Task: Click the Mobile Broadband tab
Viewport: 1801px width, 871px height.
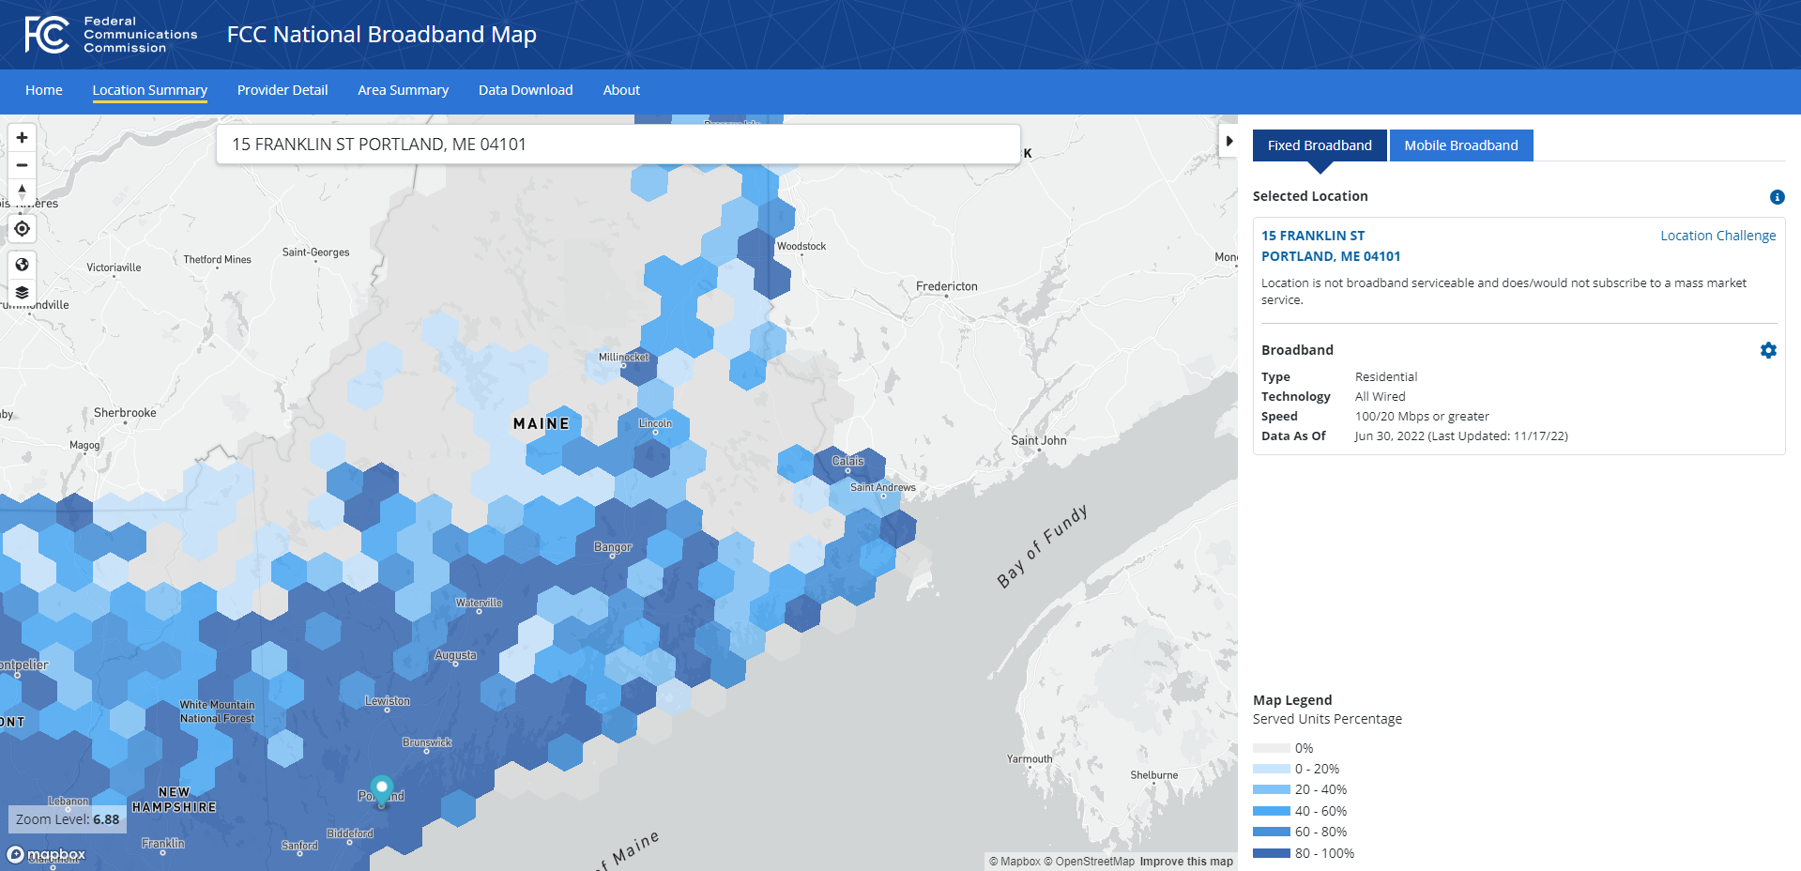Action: (1460, 145)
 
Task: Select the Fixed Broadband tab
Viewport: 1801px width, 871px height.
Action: (1319, 145)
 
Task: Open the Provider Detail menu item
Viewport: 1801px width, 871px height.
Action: (282, 90)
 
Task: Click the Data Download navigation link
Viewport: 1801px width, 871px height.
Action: (526, 90)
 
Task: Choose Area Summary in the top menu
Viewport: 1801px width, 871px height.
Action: (403, 90)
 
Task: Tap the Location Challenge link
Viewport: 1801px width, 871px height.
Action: (1717, 236)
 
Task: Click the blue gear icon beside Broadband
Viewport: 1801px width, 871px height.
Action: (1768, 350)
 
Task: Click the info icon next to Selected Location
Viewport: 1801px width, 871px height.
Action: (1777, 197)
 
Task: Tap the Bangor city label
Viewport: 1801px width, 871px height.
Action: (613, 547)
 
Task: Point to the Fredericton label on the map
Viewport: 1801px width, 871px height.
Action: (946, 286)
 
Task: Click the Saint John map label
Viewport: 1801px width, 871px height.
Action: (1038, 440)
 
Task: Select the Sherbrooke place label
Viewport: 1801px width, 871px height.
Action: (125, 413)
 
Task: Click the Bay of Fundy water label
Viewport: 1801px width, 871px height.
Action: (1042, 546)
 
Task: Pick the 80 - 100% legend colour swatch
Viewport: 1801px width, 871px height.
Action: (1271, 853)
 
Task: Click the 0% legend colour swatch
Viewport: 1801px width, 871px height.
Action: (1271, 748)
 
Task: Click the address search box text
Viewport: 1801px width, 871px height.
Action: (379, 145)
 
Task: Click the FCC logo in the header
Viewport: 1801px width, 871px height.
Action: (47, 35)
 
